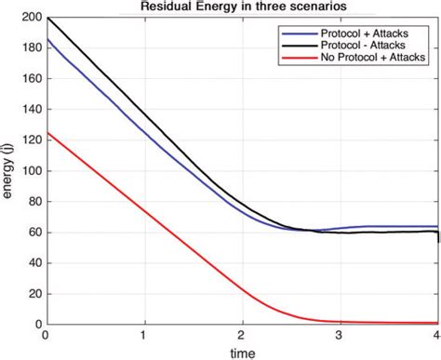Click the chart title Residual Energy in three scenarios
(242, 7)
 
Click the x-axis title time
(242, 353)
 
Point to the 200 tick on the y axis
(30, 18)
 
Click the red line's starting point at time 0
(46, 132)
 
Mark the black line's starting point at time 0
(46, 18)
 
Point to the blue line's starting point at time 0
(46, 40)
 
